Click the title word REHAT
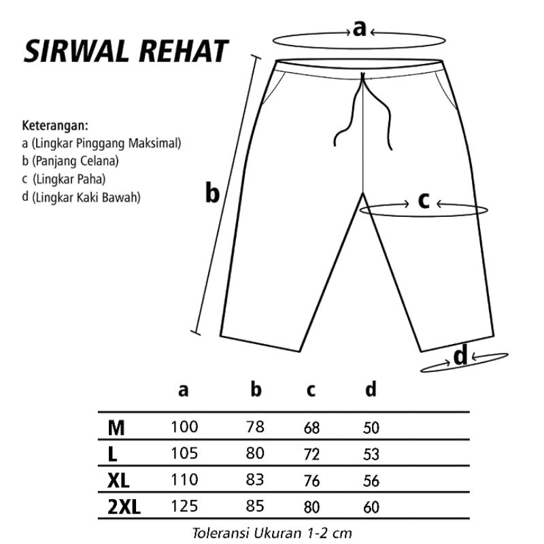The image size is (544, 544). point(185,52)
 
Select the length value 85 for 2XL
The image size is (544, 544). point(255,506)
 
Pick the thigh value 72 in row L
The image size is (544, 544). point(312,454)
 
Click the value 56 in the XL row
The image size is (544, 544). point(371,480)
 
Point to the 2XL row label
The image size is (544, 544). point(124,507)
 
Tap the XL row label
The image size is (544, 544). point(118,480)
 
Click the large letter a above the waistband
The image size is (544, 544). point(359,29)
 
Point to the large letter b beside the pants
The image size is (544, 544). point(213,194)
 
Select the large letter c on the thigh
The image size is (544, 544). point(423,201)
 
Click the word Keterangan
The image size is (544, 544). point(56,126)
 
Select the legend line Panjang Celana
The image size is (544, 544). point(70,161)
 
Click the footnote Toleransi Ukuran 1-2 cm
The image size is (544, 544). point(272,532)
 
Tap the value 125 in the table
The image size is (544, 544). point(184,506)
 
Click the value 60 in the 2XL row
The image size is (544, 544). point(371,507)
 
